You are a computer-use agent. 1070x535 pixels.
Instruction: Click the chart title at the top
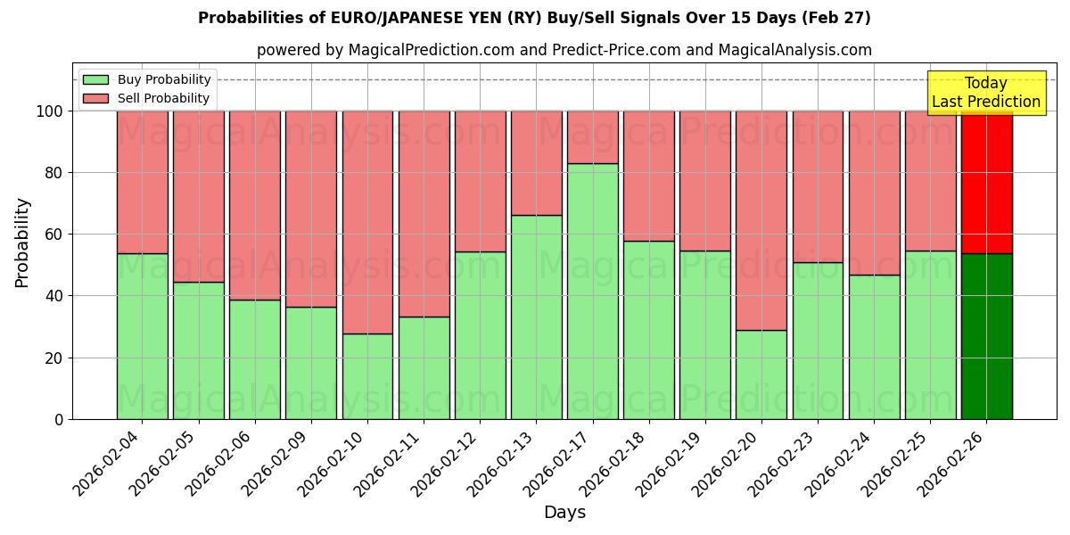534,18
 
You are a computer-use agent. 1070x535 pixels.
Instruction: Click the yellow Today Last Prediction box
985,93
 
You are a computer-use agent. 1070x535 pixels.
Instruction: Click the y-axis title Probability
22,243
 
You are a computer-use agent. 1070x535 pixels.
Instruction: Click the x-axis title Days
564,513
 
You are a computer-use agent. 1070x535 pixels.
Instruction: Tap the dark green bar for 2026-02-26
986,336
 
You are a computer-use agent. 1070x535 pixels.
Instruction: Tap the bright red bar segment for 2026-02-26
986,182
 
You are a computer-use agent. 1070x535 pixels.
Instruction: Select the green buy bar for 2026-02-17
593,291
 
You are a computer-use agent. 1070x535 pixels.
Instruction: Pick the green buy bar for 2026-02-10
367,376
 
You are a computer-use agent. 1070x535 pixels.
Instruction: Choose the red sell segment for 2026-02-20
761,220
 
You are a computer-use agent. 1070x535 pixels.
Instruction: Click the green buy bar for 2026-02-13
537,317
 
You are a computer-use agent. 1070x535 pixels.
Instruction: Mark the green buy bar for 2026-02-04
142,336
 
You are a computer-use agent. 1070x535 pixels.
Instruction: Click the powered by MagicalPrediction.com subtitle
564,50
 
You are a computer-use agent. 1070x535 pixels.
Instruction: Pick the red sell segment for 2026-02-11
424,214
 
